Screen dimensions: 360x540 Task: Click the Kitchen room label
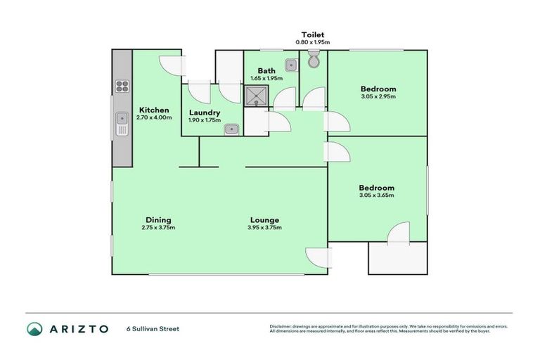pos(153,110)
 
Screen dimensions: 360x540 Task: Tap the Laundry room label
pos(205,112)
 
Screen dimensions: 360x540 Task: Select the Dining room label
pos(158,219)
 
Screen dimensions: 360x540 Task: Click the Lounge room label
pos(264,219)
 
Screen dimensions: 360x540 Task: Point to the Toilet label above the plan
pos(312,34)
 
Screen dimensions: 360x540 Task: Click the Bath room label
pos(266,70)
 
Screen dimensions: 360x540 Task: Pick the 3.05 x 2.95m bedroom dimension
pos(378,96)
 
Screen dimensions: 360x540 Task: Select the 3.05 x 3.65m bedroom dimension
pos(377,195)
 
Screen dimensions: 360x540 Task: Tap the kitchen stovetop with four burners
pos(122,87)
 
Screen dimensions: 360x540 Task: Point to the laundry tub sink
pos(231,129)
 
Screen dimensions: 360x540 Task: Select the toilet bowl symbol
pos(314,63)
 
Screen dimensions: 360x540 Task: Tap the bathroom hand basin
pos(291,65)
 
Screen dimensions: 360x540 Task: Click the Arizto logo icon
pos(34,328)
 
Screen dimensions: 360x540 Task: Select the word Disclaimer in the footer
pos(282,326)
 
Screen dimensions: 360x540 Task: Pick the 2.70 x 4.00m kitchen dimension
pos(153,117)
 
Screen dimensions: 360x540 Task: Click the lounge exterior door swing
pos(316,258)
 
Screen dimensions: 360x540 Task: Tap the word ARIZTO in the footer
pos(79,328)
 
